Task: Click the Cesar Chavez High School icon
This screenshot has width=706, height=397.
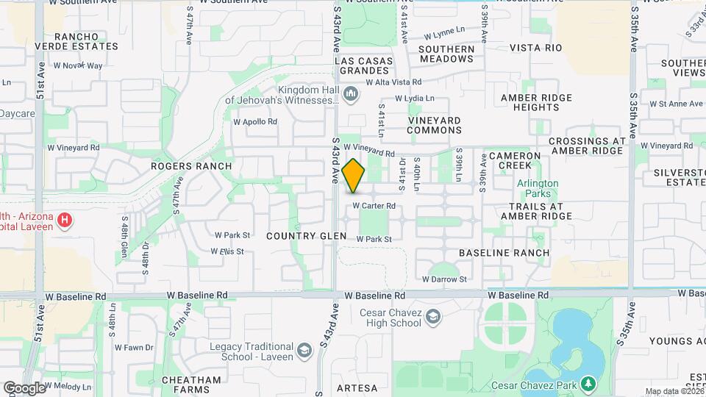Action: click(x=434, y=316)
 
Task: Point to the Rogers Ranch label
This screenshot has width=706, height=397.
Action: click(x=191, y=166)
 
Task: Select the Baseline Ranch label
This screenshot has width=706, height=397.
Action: click(x=504, y=253)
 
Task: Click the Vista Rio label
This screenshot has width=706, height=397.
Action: click(x=535, y=48)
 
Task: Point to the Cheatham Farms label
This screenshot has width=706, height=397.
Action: click(x=194, y=385)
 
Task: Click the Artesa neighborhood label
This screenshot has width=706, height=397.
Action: click(x=357, y=387)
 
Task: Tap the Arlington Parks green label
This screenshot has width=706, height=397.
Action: click(x=538, y=189)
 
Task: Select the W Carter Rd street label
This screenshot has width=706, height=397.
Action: click(x=374, y=206)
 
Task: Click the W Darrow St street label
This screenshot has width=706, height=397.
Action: click(x=444, y=279)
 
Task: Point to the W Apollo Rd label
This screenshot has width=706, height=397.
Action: click(x=255, y=122)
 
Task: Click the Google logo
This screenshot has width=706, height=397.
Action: click(x=25, y=387)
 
